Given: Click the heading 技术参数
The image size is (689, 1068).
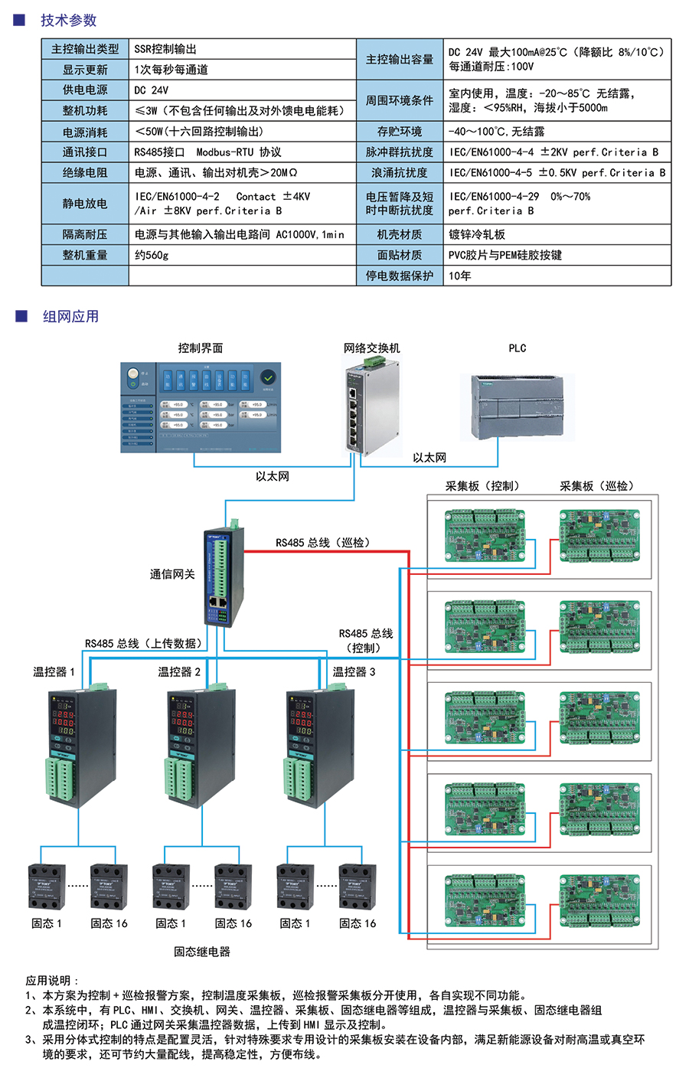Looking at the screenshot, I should point(69,21).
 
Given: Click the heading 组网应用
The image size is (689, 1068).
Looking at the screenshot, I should point(70,317).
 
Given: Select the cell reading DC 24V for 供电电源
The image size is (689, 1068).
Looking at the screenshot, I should point(152,90).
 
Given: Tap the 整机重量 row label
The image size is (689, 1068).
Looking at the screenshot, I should point(85,255).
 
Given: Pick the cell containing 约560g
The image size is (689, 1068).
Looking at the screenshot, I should point(152,255).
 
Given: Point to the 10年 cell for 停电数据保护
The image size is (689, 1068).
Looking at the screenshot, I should point(460,276).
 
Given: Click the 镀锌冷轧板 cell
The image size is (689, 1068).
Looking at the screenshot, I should point(477,234).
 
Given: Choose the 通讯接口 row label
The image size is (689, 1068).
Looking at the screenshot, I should point(85,152).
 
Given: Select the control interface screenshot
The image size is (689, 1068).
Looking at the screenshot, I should point(201,407).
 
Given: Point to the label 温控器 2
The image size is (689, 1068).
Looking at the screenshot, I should point(179,672).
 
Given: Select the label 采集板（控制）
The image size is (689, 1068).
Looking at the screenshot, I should point(482,486).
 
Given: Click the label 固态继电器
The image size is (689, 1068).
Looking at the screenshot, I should point(201,952).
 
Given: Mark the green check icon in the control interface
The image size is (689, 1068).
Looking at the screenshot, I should point(268,377).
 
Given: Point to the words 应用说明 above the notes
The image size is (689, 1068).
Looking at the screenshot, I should point(51,981).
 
